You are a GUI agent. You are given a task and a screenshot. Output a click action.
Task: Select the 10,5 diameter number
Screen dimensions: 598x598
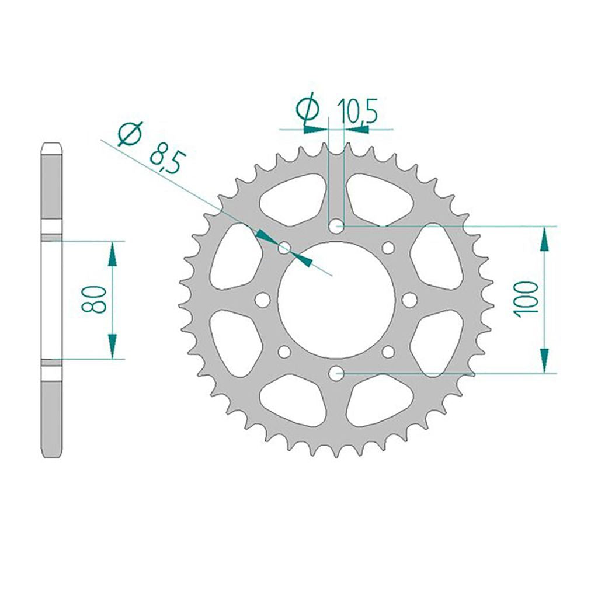coord(359,112)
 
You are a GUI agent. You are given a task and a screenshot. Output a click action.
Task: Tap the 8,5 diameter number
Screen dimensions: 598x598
coord(169,161)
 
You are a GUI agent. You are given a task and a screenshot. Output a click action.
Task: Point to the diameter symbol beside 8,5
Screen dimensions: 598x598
coord(131,134)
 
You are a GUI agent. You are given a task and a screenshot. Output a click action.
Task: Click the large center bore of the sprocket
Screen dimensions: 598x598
coord(336,300)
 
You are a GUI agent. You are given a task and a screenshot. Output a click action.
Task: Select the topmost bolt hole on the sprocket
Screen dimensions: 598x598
coord(336,227)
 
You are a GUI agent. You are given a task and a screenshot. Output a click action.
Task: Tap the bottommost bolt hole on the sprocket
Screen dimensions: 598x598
coord(336,373)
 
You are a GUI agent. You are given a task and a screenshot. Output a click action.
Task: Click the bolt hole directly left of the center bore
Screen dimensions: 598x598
coord(262,300)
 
